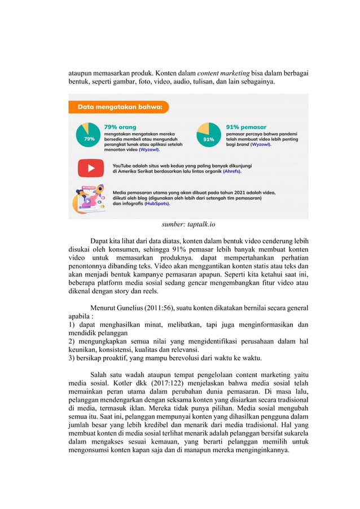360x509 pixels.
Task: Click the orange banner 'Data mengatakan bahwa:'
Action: pyautogui.click(x=118, y=107)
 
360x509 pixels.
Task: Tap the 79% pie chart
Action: pyautogui.click(x=89, y=135)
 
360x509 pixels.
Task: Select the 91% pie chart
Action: pyautogui.click(x=209, y=135)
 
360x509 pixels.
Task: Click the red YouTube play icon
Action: pyautogui.click(x=91, y=168)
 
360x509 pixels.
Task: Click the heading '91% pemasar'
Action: pyautogui.click(x=246, y=127)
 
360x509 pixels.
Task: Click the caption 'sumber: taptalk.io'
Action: pyautogui.click(x=188, y=224)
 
